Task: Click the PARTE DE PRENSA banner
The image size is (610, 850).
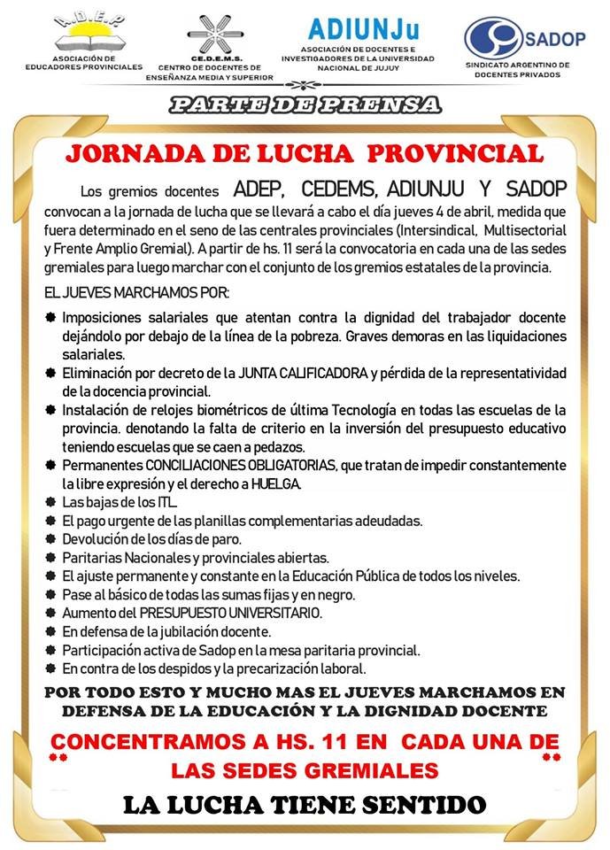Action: click(x=305, y=104)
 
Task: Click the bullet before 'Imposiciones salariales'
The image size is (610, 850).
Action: click(x=50, y=318)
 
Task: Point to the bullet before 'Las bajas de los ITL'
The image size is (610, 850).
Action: click(x=50, y=502)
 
